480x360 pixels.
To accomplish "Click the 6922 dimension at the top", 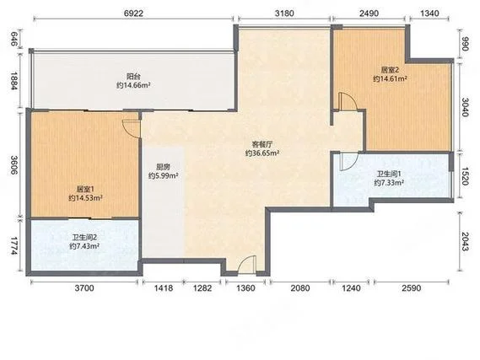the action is [x=134, y=13].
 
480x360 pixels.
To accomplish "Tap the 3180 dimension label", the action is [x=284, y=13].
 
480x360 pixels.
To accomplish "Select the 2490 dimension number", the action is [x=369, y=13].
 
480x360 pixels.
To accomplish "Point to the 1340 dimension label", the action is [x=429, y=13].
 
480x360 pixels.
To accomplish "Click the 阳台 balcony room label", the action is [x=133, y=76].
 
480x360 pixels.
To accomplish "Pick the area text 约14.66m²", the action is [x=133, y=85].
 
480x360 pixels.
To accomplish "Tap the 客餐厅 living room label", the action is [x=262, y=144].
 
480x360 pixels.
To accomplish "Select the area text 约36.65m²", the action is [x=262, y=153].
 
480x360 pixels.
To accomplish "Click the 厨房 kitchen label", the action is [x=163, y=167].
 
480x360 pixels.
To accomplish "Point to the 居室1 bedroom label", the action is [x=85, y=189].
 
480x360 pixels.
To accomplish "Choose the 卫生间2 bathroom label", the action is [x=84, y=237].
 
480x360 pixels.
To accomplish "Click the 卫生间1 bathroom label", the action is [x=389, y=174].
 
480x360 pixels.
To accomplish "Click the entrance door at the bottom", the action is [x=246, y=264].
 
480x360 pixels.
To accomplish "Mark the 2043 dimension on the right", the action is [x=465, y=242].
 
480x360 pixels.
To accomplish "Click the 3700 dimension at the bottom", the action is [x=84, y=288].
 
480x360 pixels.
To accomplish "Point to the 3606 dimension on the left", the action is [x=14, y=165].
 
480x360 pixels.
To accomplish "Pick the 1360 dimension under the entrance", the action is [x=245, y=288].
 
